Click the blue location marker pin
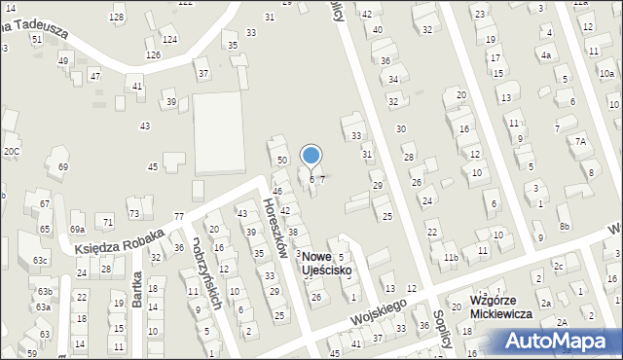(311, 156)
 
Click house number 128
(117, 18)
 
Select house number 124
(170, 39)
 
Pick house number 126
(153, 54)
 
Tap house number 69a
(77, 229)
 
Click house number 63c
(40, 261)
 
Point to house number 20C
(11, 151)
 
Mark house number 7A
(581, 141)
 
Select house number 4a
(546, 55)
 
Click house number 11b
(450, 257)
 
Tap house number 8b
(565, 226)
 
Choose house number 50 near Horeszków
(282, 160)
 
